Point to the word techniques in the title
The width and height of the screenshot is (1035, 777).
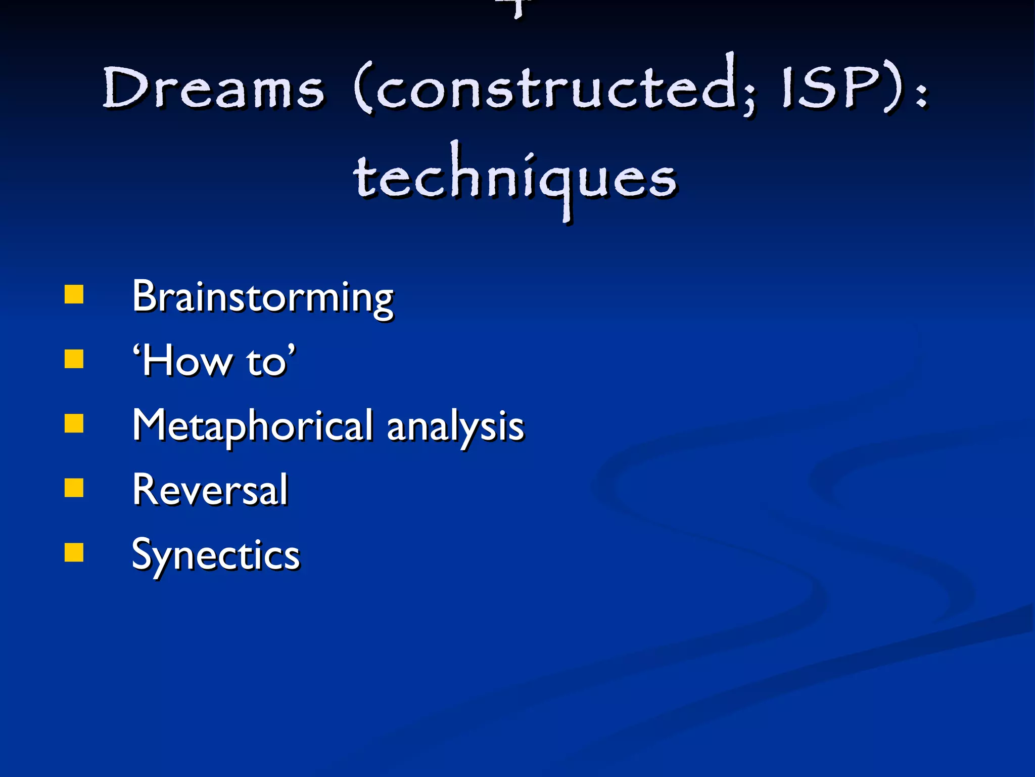pyautogui.click(x=515, y=177)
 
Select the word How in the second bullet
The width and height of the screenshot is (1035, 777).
pyautogui.click(x=184, y=361)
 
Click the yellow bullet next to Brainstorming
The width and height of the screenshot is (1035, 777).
pyautogui.click(x=74, y=294)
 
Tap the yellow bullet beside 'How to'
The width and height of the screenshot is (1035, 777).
pyautogui.click(x=74, y=359)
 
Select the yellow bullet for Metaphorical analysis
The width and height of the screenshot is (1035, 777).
pyautogui.click(x=74, y=424)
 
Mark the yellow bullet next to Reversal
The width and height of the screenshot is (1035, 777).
pyautogui.click(x=74, y=488)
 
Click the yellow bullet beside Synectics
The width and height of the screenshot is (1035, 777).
pyautogui.click(x=74, y=553)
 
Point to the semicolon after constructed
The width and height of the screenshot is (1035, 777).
pyautogui.click(x=750, y=96)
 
